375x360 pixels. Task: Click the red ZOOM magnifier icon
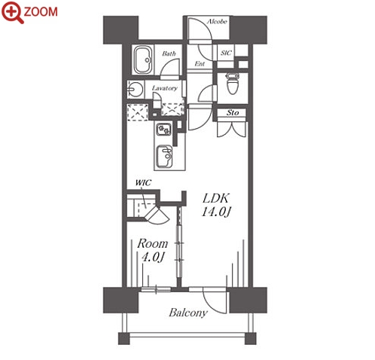[x=12, y=12]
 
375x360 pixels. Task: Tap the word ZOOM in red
[x=41, y=12]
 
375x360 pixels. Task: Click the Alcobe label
[x=217, y=22]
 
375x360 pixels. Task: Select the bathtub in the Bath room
[x=143, y=59]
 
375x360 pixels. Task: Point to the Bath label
[x=169, y=53]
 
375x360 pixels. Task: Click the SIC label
[x=226, y=53]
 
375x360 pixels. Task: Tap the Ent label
[x=200, y=64]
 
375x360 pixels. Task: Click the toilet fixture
[x=233, y=84]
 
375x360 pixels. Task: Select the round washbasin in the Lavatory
[x=135, y=90]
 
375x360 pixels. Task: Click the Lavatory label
[x=165, y=88]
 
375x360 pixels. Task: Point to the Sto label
[x=233, y=113]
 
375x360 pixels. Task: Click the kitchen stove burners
[x=164, y=130]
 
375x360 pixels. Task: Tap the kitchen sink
[x=164, y=156]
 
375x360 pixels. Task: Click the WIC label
[x=143, y=182]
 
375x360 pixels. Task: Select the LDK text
[x=216, y=199]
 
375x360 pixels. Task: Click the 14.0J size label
[x=216, y=212]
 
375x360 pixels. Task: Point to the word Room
[x=152, y=243]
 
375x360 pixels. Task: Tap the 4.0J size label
[x=153, y=257]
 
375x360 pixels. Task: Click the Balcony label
[x=188, y=313]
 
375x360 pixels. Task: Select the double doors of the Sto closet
[x=231, y=130]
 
